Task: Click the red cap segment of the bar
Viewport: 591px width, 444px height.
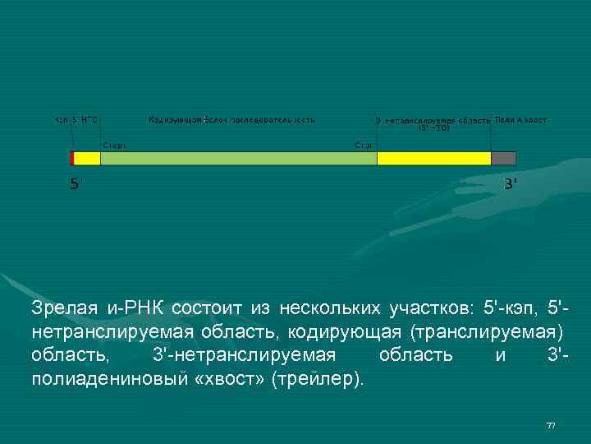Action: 72,158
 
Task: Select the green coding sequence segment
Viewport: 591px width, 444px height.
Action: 238,158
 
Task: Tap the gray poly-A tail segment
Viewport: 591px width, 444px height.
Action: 503,158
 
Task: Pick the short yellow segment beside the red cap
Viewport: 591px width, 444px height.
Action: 87,158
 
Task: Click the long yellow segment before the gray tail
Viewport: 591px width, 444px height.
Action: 433,158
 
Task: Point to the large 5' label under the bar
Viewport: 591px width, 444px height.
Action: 75,185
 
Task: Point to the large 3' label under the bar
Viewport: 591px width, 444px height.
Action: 510,184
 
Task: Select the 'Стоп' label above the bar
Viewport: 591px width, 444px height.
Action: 364,145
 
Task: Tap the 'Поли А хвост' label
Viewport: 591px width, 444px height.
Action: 520,120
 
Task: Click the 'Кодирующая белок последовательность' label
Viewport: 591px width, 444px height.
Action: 231,120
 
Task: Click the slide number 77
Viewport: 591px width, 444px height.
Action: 551,425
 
